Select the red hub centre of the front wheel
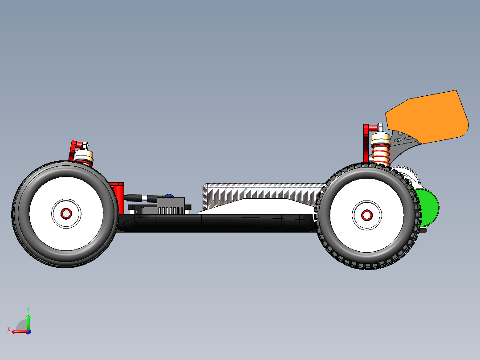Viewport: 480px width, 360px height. point(66,214)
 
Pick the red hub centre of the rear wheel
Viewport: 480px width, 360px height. point(367,216)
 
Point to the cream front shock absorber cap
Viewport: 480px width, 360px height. point(83,155)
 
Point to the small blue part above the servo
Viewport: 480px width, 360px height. point(169,196)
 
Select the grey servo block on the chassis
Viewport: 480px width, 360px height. point(171,205)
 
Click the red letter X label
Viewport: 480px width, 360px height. point(9,329)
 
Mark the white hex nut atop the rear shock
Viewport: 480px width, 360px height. point(381,127)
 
